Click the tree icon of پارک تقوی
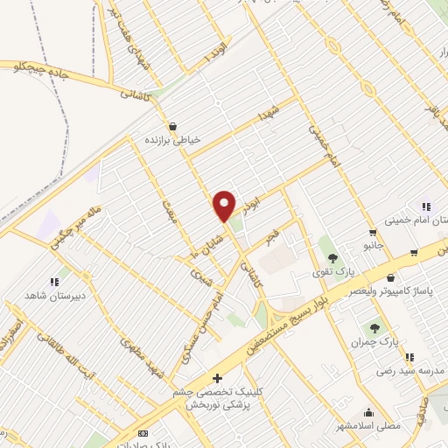(332, 256)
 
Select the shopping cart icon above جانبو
(374, 232)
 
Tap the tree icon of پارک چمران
(374, 328)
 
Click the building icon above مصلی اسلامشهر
(369, 412)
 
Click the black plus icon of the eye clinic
(218, 379)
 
